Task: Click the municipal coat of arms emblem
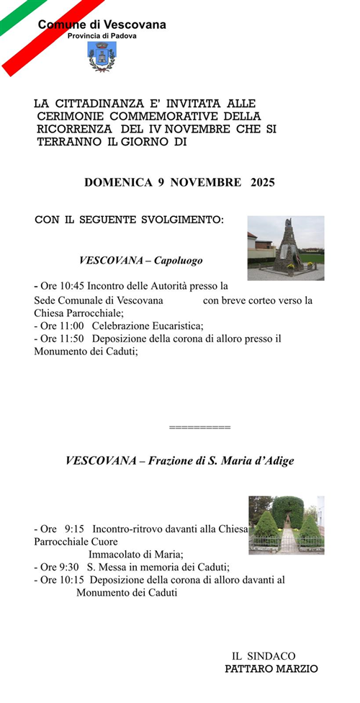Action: click(101, 56)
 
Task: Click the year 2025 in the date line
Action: click(262, 182)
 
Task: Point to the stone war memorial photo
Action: click(285, 248)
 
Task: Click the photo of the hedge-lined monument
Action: click(286, 524)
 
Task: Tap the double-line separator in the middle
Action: click(199, 428)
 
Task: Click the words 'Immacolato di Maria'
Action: click(135, 554)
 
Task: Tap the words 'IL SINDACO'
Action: click(264, 656)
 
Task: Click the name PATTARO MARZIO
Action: click(271, 668)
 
